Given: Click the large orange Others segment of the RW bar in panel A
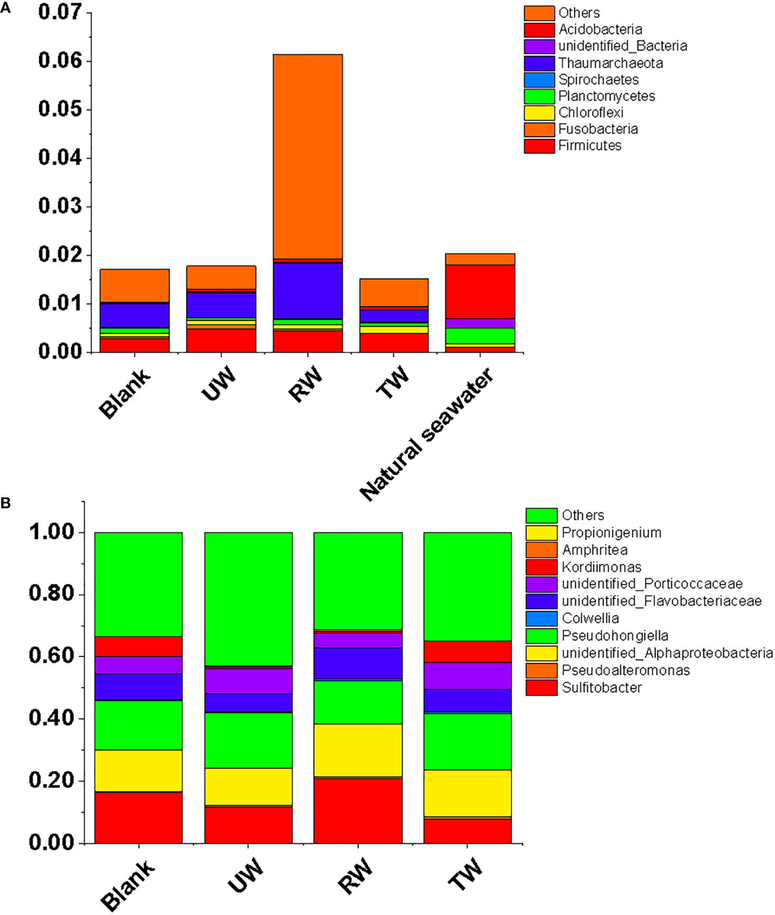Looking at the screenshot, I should [x=308, y=156].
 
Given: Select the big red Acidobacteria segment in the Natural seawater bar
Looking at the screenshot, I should [x=480, y=292].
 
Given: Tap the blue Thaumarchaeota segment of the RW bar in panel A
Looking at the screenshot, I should [x=308, y=291].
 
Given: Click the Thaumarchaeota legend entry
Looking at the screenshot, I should [x=610, y=63].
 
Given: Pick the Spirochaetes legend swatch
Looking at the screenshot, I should [x=539, y=80].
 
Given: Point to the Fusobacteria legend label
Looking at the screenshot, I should [x=598, y=129].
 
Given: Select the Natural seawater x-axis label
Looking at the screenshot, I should [x=428, y=434].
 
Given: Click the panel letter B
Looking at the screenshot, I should [x=6, y=503].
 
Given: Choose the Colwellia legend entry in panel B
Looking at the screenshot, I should [x=590, y=618].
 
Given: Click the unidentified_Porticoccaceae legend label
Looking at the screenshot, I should [x=652, y=584].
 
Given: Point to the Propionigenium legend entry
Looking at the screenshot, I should [x=611, y=533].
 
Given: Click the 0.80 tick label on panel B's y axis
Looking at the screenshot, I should [x=52, y=594].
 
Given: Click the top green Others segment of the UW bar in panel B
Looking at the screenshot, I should [x=248, y=599].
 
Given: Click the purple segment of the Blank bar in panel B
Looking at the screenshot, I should [x=138, y=665].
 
